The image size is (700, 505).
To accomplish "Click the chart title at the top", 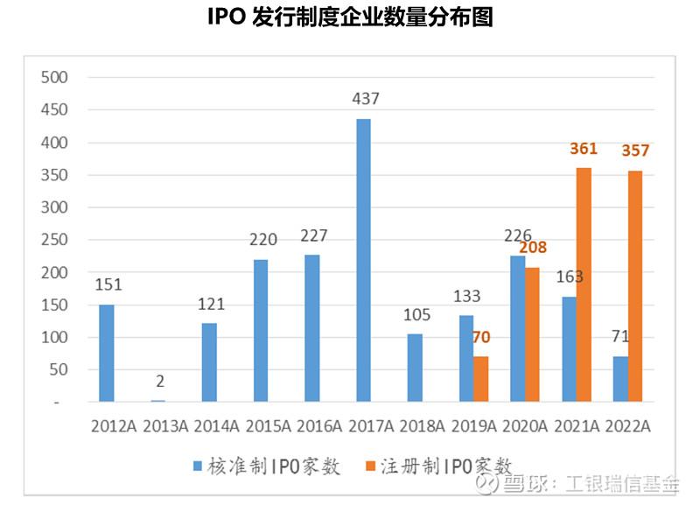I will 350,18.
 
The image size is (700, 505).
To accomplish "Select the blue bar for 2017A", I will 363,260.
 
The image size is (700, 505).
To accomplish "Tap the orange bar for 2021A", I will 584,284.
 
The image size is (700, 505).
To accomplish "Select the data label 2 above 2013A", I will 157,382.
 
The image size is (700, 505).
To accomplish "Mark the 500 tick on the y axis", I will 54,78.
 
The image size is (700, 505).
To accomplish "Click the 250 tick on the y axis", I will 54,240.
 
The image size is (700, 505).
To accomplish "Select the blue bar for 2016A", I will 312,328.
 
